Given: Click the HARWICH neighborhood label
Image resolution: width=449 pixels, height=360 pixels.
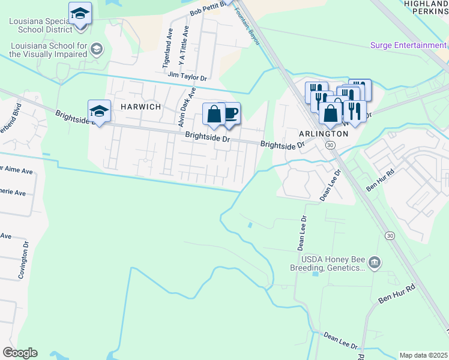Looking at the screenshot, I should (x=141, y=106).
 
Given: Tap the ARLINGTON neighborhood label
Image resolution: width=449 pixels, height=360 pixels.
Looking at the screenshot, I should (x=325, y=134).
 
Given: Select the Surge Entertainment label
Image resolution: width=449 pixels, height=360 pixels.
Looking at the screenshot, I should (x=408, y=45).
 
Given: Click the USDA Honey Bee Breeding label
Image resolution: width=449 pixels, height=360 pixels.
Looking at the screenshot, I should (x=333, y=263).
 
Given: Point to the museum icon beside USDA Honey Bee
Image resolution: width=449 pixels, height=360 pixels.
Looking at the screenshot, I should (x=375, y=262).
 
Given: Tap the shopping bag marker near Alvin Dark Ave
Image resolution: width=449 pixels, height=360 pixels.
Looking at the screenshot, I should (x=214, y=113).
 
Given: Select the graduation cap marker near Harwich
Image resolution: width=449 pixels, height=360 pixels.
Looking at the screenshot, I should (x=99, y=111).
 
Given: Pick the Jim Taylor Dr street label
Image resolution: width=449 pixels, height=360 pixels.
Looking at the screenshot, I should (x=187, y=77).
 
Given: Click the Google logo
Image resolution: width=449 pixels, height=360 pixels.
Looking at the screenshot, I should (x=19, y=353).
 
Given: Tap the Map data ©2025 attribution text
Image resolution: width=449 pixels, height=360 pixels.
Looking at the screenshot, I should (x=423, y=355).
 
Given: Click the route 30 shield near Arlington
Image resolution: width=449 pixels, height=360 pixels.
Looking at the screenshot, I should (x=330, y=145).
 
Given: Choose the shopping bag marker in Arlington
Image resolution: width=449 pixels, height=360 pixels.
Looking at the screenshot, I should (x=330, y=113).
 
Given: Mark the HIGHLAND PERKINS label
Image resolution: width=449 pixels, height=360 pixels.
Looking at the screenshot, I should (x=426, y=7).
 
